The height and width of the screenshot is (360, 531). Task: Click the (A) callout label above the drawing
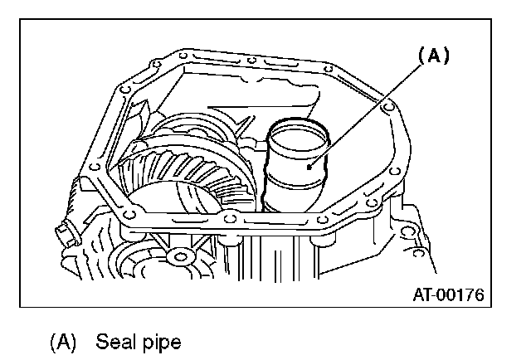tap(432, 56)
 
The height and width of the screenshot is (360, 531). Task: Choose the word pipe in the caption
tap(161, 341)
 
